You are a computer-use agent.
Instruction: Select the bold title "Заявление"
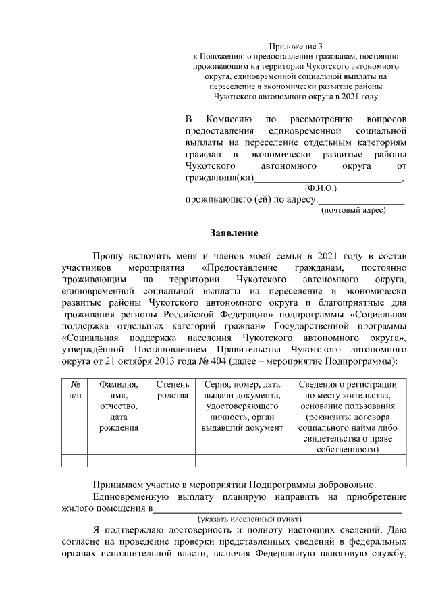click(x=234, y=233)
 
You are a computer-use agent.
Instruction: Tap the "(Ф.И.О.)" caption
click(x=321, y=189)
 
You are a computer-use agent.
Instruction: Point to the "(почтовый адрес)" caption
click(x=353, y=210)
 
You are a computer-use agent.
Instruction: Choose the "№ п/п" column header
click(x=74, y=389)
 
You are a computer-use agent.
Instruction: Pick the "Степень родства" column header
click(x=172, y=389)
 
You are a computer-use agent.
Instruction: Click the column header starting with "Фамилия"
click(x=118, y=406)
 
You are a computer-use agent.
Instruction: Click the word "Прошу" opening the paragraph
click(x=109, y=256)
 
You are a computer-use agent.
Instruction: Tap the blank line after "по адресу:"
click(x=360, y=200)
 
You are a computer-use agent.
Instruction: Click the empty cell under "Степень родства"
click(x=172, y=461)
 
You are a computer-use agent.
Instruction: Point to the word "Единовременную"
click(x=130, y=498)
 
